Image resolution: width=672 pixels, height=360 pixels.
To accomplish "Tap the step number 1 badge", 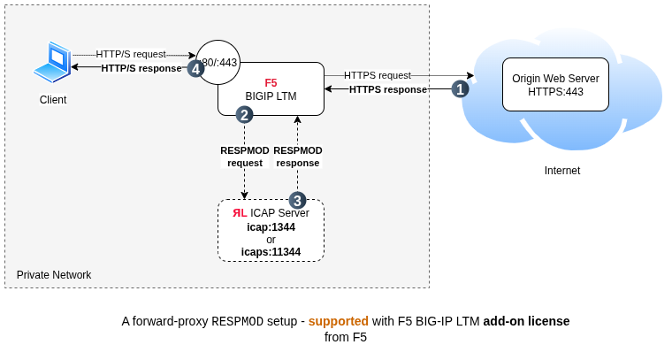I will point(460,88).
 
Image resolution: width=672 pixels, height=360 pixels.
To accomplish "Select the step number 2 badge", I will point(244,114).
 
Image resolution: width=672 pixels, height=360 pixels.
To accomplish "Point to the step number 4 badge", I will point(195,68).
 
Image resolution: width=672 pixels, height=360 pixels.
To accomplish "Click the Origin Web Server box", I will point(555,85).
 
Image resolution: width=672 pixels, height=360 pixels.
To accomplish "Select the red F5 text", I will point(271,82).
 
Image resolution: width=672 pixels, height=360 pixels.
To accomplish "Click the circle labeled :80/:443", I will point(218,62).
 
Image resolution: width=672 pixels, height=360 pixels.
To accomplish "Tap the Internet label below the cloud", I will point(562,171).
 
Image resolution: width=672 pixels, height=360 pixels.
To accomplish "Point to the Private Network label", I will point(54,275).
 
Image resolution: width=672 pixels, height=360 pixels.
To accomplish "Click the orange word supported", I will point(339,321).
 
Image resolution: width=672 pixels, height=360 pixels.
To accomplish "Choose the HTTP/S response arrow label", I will point(141,68).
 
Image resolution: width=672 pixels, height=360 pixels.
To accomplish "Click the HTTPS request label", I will point(377,75).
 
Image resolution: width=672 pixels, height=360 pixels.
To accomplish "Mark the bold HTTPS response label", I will point(387,89).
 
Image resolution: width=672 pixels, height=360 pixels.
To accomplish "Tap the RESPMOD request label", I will point(245,157).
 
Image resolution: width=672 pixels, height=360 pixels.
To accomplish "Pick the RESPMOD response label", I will point(298,157).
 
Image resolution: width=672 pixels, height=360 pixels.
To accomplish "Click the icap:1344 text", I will point(271,227).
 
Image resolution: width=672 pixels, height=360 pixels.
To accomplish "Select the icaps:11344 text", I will point(271,252).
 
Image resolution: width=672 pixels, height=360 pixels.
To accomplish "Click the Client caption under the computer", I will point(53,100).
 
